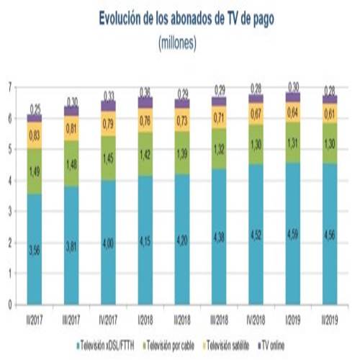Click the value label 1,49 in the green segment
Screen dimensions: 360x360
click(34, 171)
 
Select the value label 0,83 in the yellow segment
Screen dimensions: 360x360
click(34, 135)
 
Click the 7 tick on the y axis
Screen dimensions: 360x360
click(10, 87)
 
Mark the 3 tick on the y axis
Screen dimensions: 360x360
click(10, 212)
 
